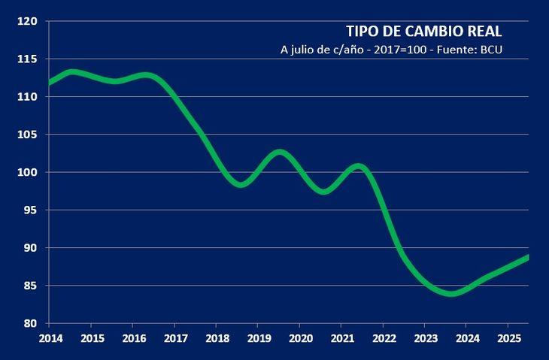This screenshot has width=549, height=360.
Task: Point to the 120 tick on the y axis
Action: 28,21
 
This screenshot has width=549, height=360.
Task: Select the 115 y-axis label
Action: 28,59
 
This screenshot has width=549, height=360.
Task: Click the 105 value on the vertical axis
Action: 28,135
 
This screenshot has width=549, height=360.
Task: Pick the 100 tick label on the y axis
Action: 28,172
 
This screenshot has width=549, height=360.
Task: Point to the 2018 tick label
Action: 217,337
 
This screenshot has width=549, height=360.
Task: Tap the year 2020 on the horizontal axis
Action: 300,337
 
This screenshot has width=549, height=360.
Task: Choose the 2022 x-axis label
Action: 384,337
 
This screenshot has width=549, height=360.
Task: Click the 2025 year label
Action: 508,337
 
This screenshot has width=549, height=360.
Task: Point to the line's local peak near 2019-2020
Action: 280,153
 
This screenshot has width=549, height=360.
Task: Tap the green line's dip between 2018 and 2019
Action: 241,183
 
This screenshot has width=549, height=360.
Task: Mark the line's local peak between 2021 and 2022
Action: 359,166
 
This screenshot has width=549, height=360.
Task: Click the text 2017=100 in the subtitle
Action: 405,51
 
